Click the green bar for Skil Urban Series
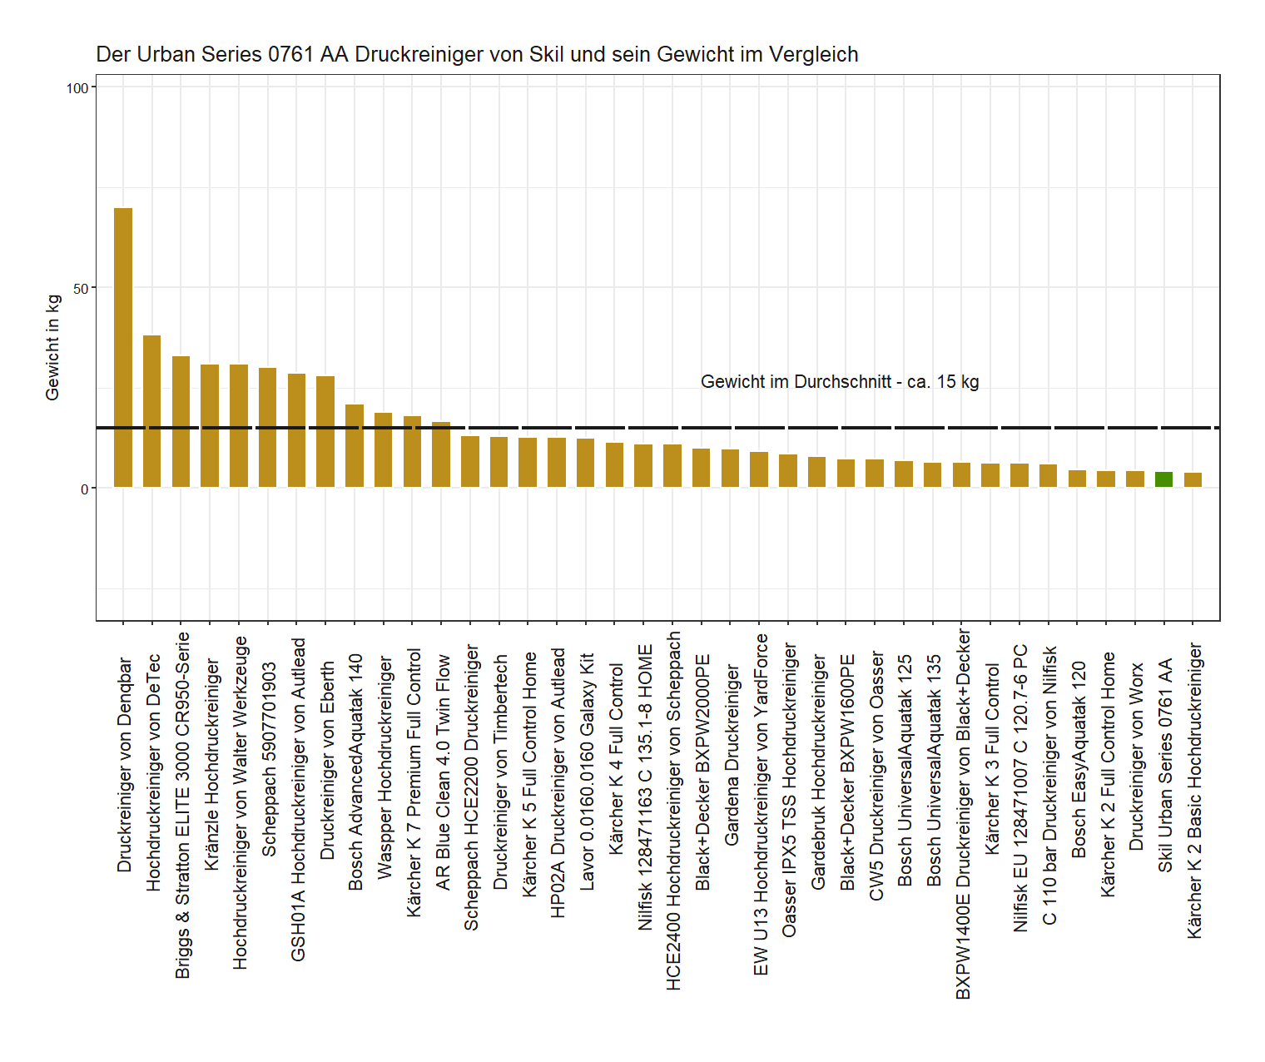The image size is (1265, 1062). (1163, 479)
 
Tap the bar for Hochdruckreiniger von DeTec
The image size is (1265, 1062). (152, 411)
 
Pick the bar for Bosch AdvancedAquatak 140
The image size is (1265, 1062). (355, 445)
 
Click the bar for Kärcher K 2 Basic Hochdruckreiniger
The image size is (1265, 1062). (1193, 480)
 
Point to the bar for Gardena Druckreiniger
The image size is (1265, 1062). (730, 469)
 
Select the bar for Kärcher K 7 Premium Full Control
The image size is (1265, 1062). (412, 451)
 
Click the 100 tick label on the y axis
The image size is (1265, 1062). (77, 88)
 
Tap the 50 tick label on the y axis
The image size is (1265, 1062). (81, 289)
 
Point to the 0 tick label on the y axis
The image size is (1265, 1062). (85, 489)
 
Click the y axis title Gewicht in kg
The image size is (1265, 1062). (52, 347)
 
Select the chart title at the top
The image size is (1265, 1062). (477, 55)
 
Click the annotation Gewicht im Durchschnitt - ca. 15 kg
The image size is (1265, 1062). (840, 382)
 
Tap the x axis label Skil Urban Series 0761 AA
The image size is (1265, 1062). (1165, 765)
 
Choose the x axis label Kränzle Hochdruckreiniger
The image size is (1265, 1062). (211, 765)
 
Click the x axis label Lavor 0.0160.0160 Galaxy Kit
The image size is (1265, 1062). (587, 772)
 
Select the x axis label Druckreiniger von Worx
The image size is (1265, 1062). (1136, 756)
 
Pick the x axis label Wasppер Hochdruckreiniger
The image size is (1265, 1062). (384, 767)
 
